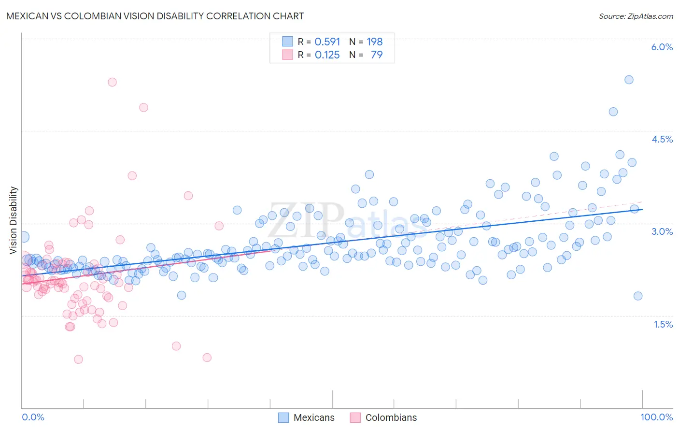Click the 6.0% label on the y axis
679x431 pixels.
click(x=662, y=47)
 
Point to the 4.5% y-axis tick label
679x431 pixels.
click(x=662, y=139)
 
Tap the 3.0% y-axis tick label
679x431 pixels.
click(x=662, y=231)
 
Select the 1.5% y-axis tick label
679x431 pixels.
click(x=663, y=324)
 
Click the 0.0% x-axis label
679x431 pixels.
click(x=33, y=417)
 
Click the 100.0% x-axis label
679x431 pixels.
click(x=656, y=417)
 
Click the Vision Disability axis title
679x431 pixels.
click(x=13, y=220)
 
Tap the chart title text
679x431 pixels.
click(x=155, y=16)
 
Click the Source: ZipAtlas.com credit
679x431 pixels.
click(x=636, y=16)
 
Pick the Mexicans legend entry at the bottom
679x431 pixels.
click(x=313, y=417)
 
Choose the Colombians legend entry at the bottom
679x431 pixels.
click(x=391, y=417)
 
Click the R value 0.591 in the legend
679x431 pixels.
click(x=327, y=42)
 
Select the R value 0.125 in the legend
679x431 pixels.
click(x=327, y=55)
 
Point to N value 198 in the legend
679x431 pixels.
click(x=375, y=42)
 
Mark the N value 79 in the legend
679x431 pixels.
click(x=377, y=55)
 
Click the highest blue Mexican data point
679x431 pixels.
click(x=629, y=80)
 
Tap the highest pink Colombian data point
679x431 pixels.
click(x=112, y=82)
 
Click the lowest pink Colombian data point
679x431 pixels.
click(x=78, y=359)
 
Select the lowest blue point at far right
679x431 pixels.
click(x=638, y=296)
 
